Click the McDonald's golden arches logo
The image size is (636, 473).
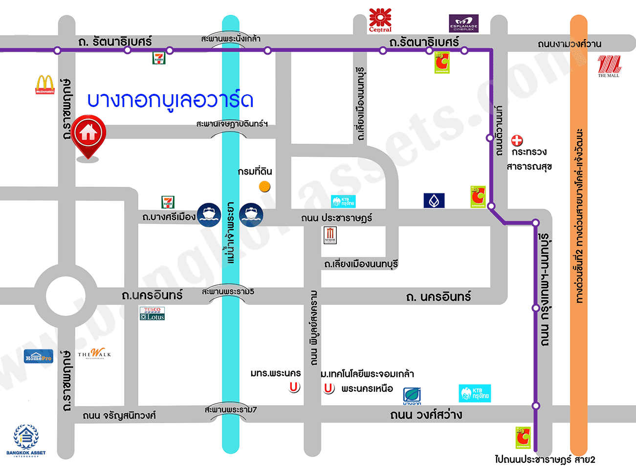pos(45,85)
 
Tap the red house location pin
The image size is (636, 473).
pos(88,133)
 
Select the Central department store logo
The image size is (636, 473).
pos(380,20)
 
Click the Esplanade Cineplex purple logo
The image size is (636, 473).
pos(463,23)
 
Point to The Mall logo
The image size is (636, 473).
pos(609,66)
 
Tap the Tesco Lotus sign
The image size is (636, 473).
pos(153,314)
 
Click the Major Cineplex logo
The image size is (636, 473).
pos(330,236)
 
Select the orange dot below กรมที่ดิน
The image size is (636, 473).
pos(264,186)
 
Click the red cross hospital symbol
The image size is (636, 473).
pos(517,141)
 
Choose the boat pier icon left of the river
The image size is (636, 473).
pos(209,215)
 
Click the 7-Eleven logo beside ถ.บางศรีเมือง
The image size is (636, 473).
pos(168,202)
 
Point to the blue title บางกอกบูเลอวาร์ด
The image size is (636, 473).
pos(170,100)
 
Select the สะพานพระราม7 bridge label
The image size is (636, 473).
pos(230,409)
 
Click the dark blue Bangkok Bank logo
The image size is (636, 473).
pos(434,200)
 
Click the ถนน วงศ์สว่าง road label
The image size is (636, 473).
pos(426,415)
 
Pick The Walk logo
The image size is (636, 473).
pos(94,353)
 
